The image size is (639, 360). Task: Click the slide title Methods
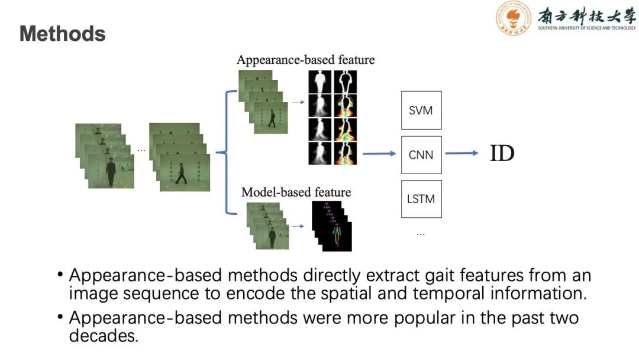click(x=63, y=34)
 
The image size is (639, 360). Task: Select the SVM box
click(x=421, y=110)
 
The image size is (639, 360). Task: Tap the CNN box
click(x=421, y=155)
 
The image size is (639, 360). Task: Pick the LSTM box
click(x=421, y=199)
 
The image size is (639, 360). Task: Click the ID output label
click(x=502, y=154)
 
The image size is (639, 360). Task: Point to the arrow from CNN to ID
click(x=461, y=154)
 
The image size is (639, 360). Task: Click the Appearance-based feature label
click(x=305, y=60)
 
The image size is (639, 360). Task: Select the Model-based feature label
click(x=296, y=192)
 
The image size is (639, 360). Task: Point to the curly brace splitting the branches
click(x=225, y=152)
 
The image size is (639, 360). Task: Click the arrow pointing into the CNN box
click(x=379, y=154)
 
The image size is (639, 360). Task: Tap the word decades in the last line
click(x=102, y=336)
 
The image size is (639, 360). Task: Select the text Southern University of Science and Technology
click(x=586, y=28)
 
